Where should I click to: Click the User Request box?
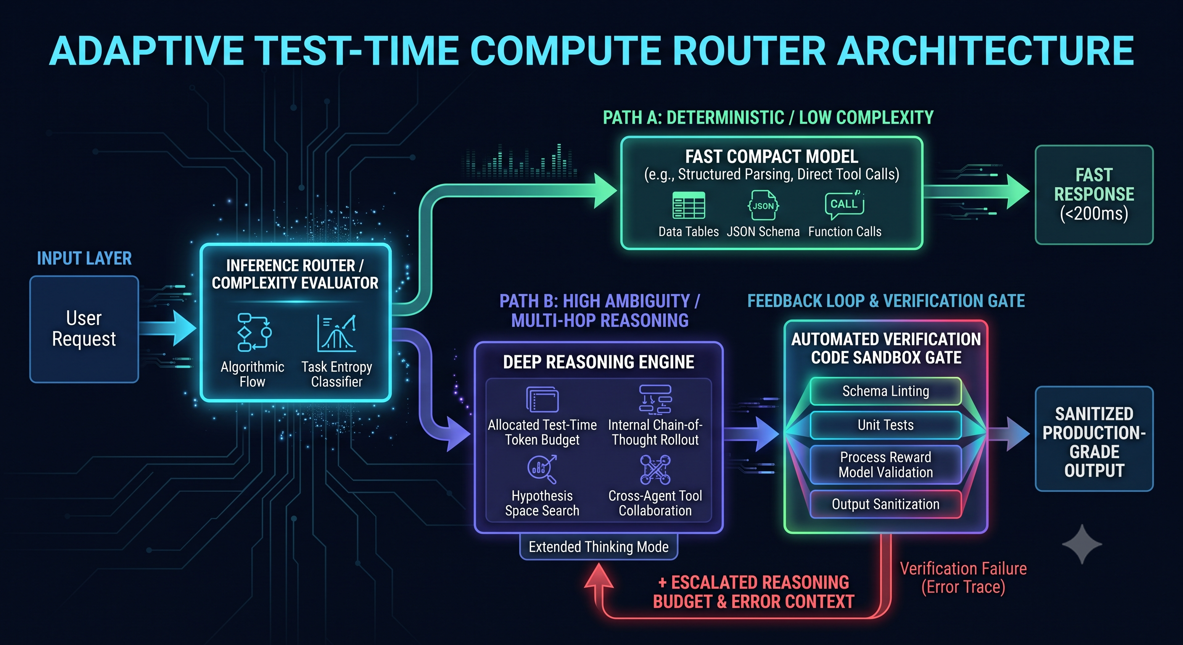pos(84,329)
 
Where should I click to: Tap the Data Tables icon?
pos(689,205)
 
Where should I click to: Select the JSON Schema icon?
pos(763,205)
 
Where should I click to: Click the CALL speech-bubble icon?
pos(844,204)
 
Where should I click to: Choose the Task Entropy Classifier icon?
pos(336,333)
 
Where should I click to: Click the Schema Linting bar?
pos(886,391)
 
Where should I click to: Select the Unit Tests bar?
pos(886,425)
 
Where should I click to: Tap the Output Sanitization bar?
pos(886,504)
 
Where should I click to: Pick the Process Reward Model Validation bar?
pos(886,464)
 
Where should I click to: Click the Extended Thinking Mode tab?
pos(598,547)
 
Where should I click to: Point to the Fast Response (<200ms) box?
pos(1094,195)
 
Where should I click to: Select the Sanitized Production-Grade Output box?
pos(1094,439)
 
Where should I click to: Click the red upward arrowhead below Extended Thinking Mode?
pos(598,576)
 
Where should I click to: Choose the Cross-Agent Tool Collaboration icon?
pos(655,469)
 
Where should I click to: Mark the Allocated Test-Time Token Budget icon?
pos(542,399)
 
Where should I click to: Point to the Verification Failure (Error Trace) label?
pos(963,577)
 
